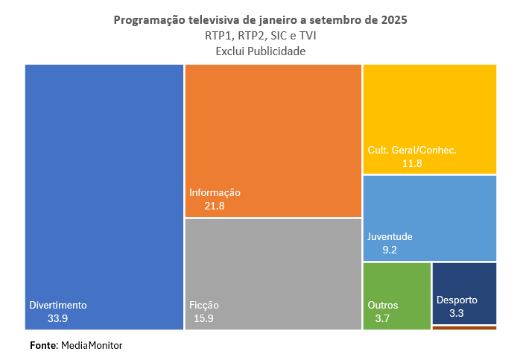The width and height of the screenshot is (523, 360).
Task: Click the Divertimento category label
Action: pyautogui.click(x=58, y=305)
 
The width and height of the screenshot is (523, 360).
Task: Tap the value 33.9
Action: pyautogui.click(x=58, y=318)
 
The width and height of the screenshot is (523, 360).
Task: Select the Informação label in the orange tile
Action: pyautogui.click(x=215, y=192)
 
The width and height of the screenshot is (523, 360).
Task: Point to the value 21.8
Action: pyautogui.click(x=215, y=206)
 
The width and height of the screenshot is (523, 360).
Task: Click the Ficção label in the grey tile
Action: pyautogui.click(x=204, y=305)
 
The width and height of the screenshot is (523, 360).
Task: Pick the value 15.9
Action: pyautogui.click(x=204, y=318)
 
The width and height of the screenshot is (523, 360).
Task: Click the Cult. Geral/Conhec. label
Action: pyautogui.click(x=411, y=150)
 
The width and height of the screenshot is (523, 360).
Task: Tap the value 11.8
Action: pyautogui.click(x=411, y=162)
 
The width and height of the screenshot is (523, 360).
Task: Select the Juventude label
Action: pyautogui.click(x=390, y=237)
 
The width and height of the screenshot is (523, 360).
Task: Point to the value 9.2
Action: pyautogui.click(x=390, y=250)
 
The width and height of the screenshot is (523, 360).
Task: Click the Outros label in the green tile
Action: pyautogui.click(x=383, y=305)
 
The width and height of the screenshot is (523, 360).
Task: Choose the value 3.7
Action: pyautogui.click(x=383, y=318)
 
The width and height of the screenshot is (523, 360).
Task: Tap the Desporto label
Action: pyautogui.click(x=457, y=300)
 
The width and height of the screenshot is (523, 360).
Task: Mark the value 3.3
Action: pyautogui.click(x=457, y=314)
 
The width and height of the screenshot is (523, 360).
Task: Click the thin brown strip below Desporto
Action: pyautogui.click(x=464, y=327)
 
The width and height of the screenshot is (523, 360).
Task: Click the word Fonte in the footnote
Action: pyautogui.click(x=43, y=346)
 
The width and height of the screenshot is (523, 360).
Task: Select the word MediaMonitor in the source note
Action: pyautogui.click(x=92, y=346)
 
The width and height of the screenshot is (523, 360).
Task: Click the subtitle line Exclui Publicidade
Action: pyautogui.click(x=261, y=51)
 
